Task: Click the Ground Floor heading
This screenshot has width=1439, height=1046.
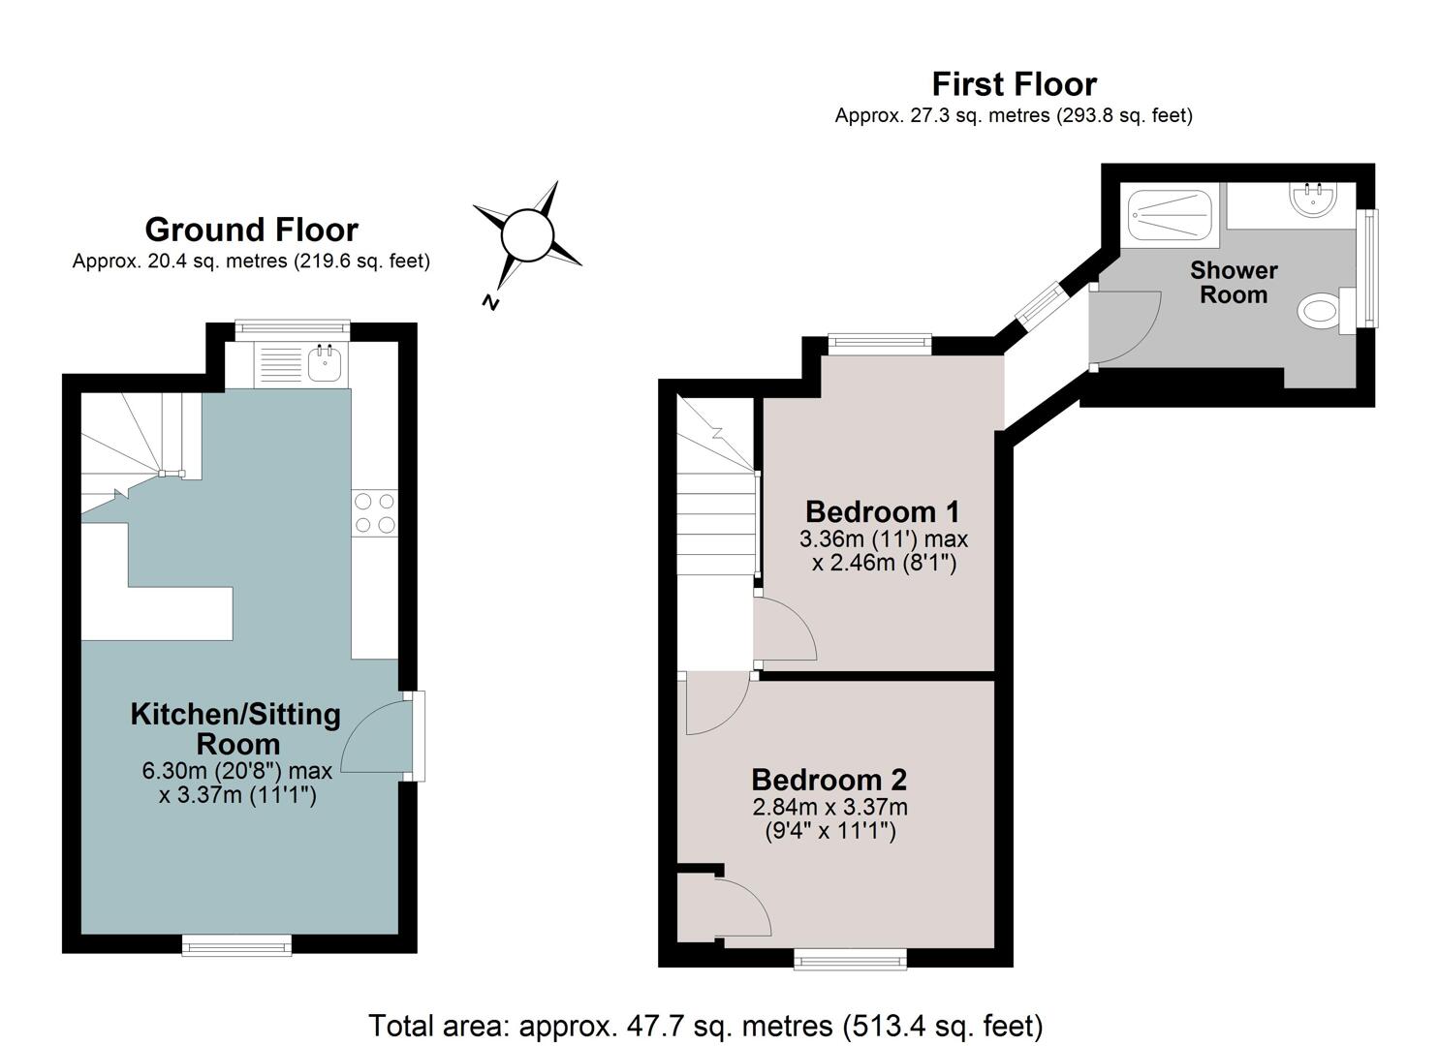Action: [251, 230]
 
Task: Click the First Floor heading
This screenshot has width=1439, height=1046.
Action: [1015, 84]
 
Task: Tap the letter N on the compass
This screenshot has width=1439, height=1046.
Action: [490, 302]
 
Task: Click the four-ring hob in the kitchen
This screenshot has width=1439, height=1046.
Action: [374, 513]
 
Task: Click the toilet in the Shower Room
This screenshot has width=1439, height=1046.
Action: [1326, 312]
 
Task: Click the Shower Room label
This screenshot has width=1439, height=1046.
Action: [1234, 283]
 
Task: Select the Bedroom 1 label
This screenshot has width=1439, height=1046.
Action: [882, 511]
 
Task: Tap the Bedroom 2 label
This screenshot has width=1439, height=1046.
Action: [829, 780]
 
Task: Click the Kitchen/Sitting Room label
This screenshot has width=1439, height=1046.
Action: [235, 728]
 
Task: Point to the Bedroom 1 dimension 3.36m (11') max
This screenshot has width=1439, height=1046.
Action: [884, 538]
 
